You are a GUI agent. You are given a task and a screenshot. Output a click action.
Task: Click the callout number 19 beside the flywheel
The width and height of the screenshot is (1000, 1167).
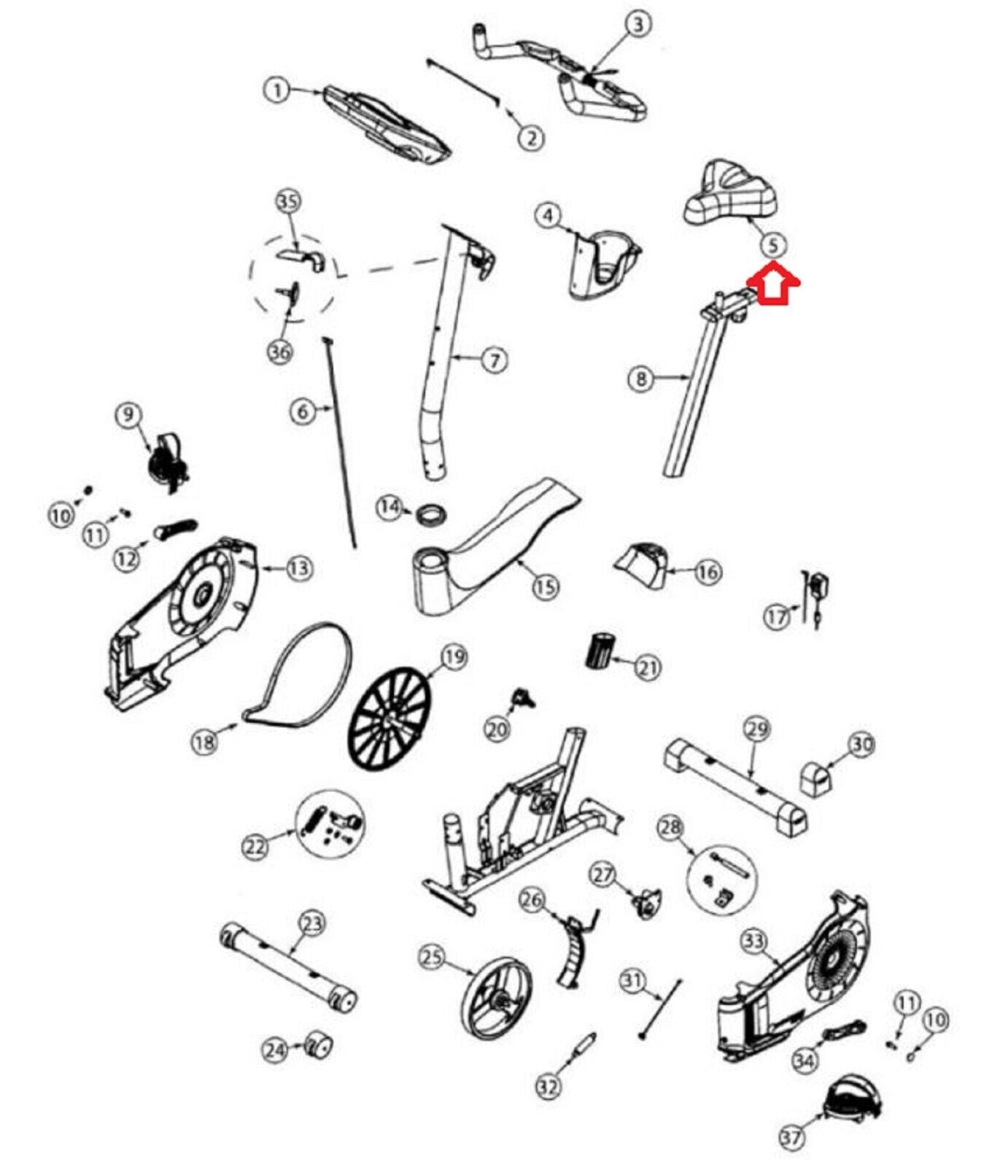pyautogui.click(x=454, y=657)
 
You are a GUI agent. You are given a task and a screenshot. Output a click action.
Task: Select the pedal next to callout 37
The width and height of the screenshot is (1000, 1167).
pyautogui.click(x=850, y=1097)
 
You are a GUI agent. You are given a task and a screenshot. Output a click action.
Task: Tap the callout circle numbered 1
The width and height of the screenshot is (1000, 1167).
pyautogui.click(x=276, y=90)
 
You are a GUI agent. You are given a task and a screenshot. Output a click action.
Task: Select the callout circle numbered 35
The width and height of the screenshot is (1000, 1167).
pyautogui.click(x=289, y=201)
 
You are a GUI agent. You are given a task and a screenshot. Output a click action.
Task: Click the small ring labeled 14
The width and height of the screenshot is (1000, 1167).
pyautogui.click(x=430, y=513)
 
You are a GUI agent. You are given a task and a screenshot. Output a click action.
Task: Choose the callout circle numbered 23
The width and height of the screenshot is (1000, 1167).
pyautogui.click(x=311, y=924)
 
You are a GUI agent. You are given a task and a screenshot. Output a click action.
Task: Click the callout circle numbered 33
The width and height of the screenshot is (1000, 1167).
pyautogui.click(x=753, y=942)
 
